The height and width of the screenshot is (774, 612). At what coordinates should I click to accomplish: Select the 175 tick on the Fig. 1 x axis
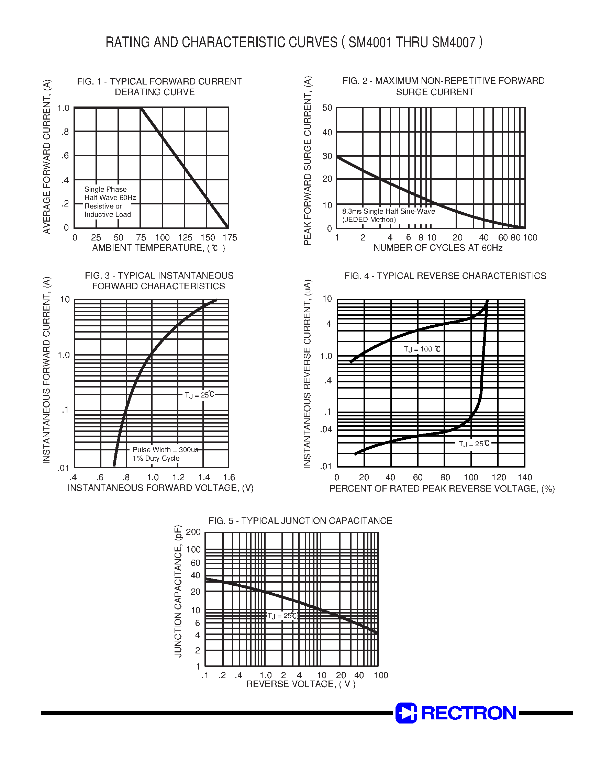click(x=230, y=237)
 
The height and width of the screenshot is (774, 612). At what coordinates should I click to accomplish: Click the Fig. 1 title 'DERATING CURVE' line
click(x=154, y=92)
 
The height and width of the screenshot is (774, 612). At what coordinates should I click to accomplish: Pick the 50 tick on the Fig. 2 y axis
click(x=327, y=108)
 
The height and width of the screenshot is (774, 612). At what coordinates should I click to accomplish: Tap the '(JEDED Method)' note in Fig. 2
click(x=369, y=220)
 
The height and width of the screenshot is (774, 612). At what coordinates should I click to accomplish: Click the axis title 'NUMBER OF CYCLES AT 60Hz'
click(x=437, y=248)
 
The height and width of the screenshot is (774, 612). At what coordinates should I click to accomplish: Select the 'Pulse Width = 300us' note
click(x=165, y=449)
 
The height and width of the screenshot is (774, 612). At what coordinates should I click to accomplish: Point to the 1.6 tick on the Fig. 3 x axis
click(x=229, y=478)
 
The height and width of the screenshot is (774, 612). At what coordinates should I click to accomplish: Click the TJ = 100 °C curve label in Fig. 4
click(x=422, y=349)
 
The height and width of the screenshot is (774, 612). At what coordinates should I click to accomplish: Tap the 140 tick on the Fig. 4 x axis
click(x=525, y=478)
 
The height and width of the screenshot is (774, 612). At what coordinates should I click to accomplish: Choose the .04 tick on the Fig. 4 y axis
click(x=326, y=429)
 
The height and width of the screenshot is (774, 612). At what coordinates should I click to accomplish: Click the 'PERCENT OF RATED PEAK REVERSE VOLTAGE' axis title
click(x=442, y=489)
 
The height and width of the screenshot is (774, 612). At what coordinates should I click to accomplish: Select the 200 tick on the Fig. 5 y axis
click(x=193, y=532)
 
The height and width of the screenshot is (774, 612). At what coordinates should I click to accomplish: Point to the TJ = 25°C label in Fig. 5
click(x=282, y=616)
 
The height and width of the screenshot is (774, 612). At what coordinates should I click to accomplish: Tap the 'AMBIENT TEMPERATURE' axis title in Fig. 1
click(x=158, y=248)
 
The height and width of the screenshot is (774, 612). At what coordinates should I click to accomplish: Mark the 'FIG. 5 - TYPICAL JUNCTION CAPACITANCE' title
click(x=300, y=521)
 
